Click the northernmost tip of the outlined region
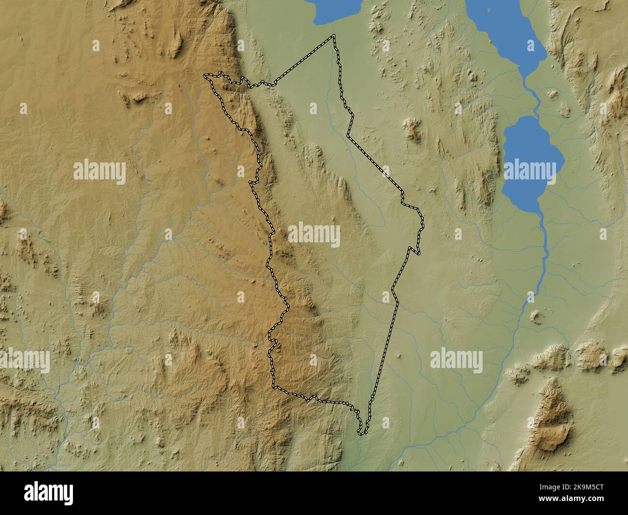[x=333, y=36]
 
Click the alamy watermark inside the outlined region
[x=314, y=235]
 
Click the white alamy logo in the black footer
[x=49, y=493]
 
